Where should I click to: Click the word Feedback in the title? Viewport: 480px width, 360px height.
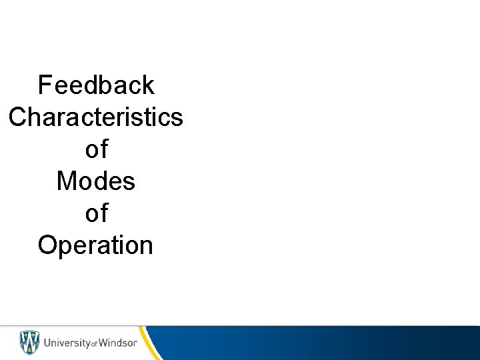(96, 85)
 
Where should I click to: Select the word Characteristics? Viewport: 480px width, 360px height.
(96, 117)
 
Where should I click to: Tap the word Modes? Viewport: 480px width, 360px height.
(96, 181)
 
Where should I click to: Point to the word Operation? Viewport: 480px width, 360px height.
(96, 245)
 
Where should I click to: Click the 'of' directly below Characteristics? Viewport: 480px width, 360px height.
(96, 149)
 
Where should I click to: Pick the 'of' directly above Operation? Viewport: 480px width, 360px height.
(96, 213)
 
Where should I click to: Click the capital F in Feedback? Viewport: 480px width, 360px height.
(45, 85)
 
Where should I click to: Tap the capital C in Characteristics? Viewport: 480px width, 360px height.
(18, 117)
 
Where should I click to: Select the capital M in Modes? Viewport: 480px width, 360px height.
(66, 181)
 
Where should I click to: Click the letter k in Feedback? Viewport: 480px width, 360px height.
(147, 85)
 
